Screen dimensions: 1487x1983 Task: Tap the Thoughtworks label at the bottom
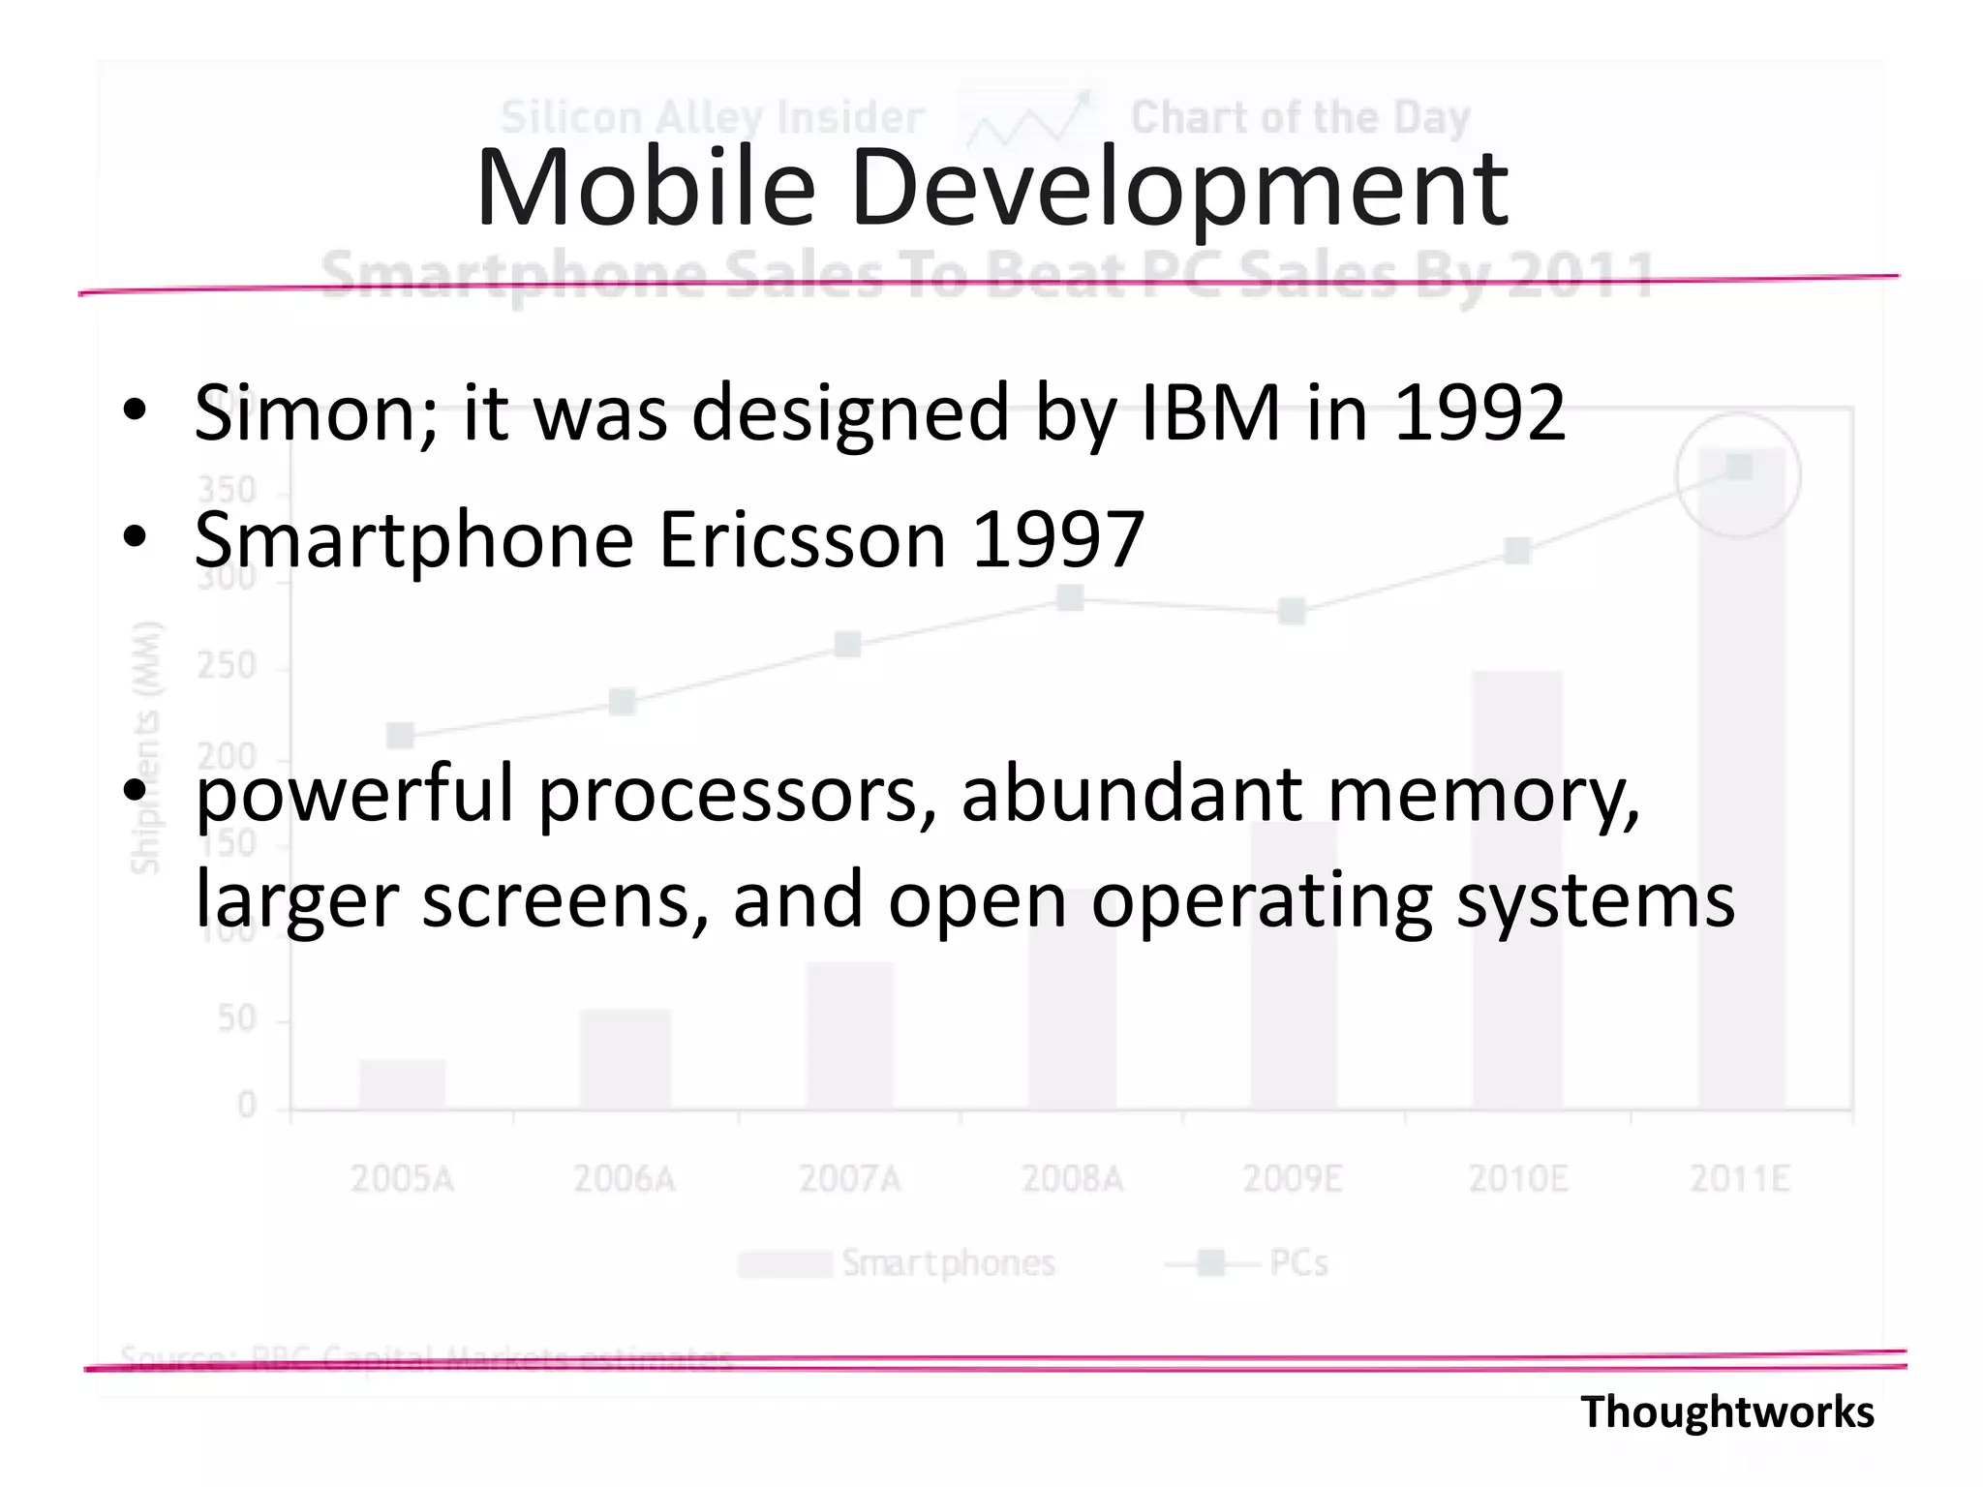(1726, 1411)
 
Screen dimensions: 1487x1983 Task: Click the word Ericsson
(802, 539)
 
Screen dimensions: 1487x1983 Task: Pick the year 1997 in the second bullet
(1058, 539)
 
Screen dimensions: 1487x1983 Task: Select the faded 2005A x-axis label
(402, 1179)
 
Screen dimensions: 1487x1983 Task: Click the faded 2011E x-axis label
(1740, 1179)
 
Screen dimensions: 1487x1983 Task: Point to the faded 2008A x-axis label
(1072, 1179)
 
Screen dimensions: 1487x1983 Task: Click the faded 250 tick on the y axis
(226, 666)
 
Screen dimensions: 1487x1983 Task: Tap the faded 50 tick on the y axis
(236, 1018)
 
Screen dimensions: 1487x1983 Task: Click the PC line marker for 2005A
(400, 736)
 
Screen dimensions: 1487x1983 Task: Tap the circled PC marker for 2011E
(1739, 468)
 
